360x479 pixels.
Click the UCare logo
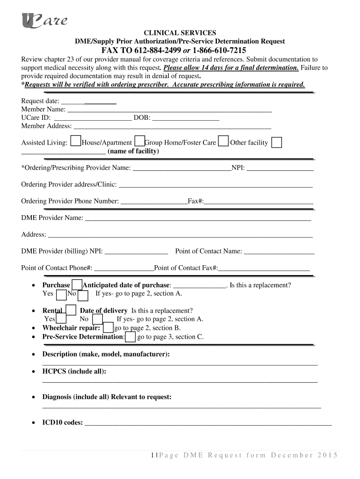[44, 21]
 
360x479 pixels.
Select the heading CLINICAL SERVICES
[180, 33]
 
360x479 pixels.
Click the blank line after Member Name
[170, 109]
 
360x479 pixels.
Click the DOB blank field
[186, 118]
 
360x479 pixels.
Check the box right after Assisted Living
[75, 142]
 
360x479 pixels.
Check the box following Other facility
[277, 143]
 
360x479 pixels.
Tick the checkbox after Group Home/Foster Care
[223, 142]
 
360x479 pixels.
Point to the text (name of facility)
[133, 152]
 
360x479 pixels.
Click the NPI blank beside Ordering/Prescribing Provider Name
[280, 167]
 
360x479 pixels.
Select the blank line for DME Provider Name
[198, 218]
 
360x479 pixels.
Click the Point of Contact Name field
[279, 252]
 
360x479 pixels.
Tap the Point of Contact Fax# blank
[264, 268]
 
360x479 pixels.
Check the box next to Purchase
[76, 285]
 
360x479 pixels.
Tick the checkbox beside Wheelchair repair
[108, 328]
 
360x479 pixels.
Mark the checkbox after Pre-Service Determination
[131, 337]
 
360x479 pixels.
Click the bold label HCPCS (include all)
[74, 371]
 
